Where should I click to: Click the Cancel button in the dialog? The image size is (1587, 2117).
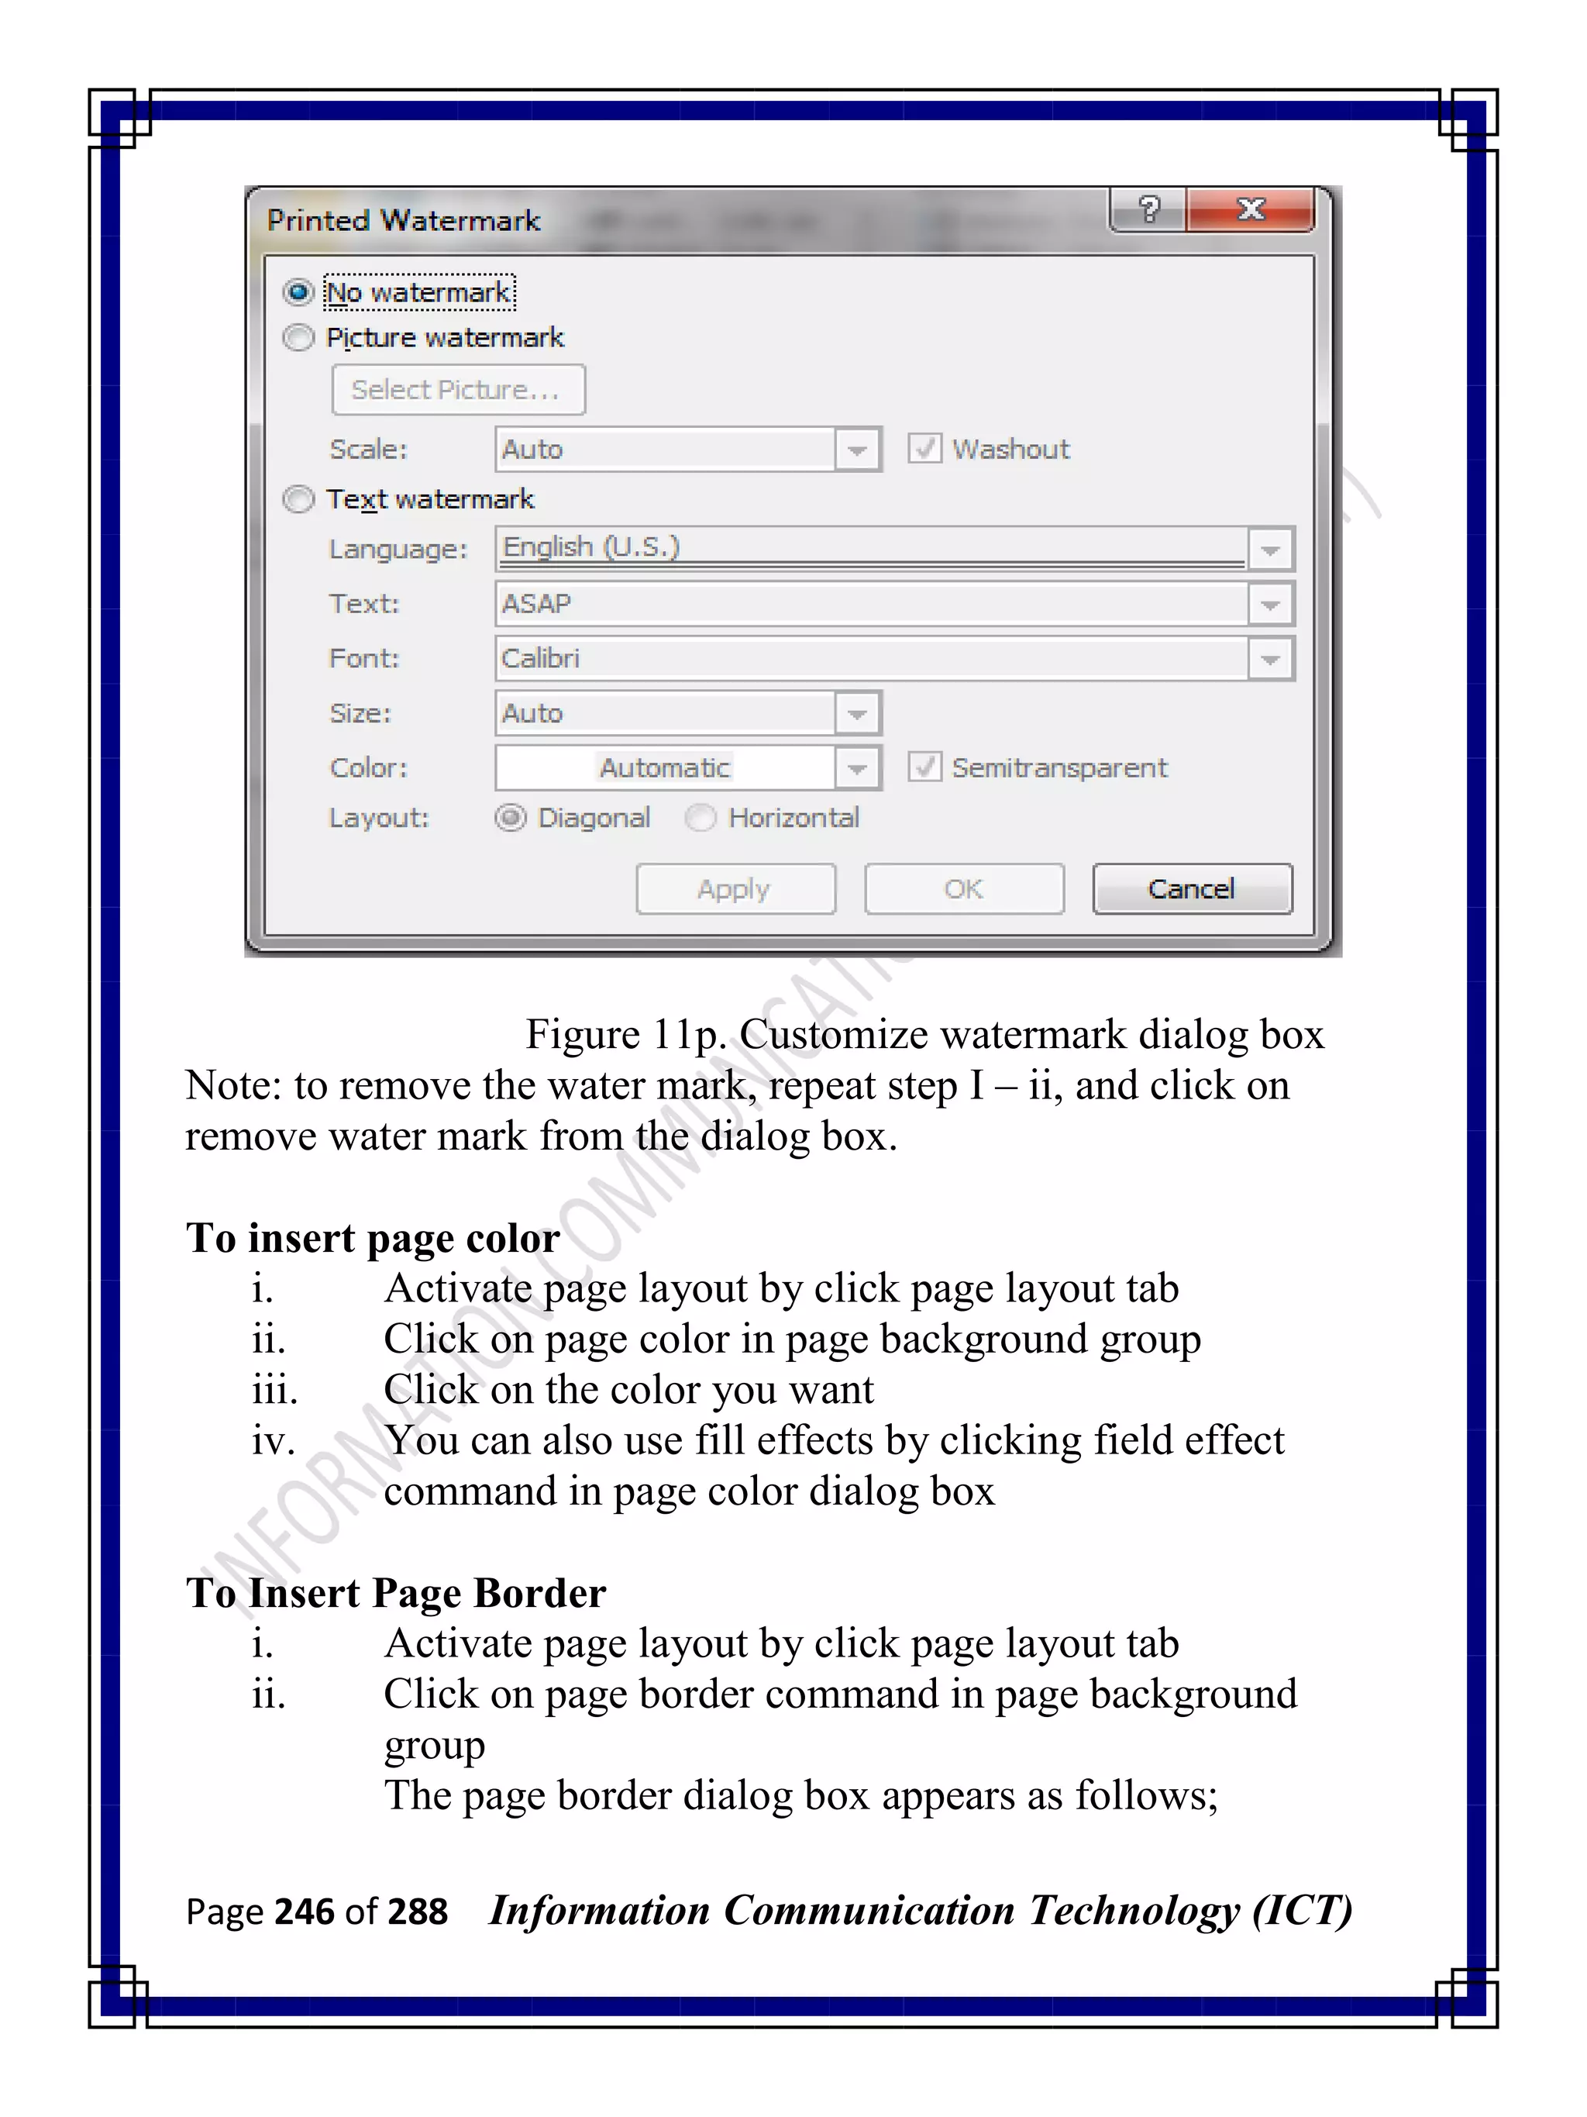pos(1192,889)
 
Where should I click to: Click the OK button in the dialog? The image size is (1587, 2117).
pos(963,889)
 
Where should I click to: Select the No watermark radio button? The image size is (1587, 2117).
pos(298,292)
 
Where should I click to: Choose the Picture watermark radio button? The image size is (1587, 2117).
pos(298,338)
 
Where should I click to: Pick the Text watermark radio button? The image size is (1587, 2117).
pos(298,499)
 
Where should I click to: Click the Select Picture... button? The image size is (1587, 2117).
pos(458,389)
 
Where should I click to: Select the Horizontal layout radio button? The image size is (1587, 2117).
pos(701,817)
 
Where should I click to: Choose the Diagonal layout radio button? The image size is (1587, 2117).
pos(511,817)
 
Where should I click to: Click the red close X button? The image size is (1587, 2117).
pos(1250,209)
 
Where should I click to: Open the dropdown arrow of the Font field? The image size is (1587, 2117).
pos(1270,658)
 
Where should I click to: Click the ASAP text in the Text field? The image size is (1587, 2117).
pos(537,604)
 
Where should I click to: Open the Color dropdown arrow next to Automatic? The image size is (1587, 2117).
pos(857,767)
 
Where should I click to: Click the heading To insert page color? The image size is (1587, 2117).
pos(372,1237)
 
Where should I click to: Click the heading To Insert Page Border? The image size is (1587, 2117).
pos(396,1592)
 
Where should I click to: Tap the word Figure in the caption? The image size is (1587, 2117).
pos(583,1035)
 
